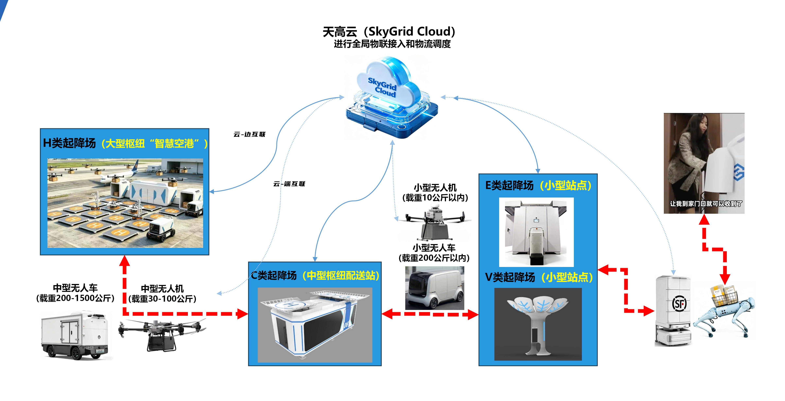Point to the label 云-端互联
(289, 184)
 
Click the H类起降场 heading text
(70, 143)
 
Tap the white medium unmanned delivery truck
(75, 335)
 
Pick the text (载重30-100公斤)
(162, 299)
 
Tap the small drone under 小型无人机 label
(434, 222)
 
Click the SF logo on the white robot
(679, 304)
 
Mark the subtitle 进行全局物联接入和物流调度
(392, 44)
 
